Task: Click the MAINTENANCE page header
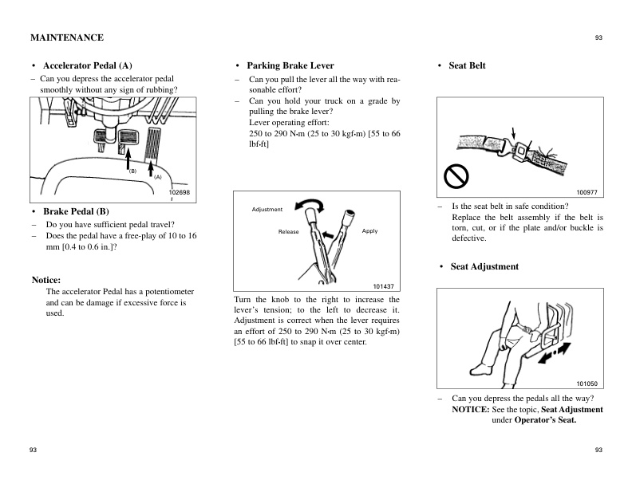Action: point(66,37)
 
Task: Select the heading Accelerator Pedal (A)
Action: point(87,65)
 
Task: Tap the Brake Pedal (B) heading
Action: point(75,211)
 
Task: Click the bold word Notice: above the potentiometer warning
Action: point(46,280)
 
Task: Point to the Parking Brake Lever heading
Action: point(290,65)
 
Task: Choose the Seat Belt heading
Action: point(467,65)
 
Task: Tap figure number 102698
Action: point(180,193)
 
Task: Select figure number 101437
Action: point(384,285)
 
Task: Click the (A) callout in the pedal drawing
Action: point(158,177)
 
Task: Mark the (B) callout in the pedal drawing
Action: point(133,171)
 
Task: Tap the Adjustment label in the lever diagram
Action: point(267,210)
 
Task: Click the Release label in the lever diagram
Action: point(288,231)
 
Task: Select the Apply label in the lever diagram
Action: point(369,231)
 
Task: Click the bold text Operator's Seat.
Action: point(545,419)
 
